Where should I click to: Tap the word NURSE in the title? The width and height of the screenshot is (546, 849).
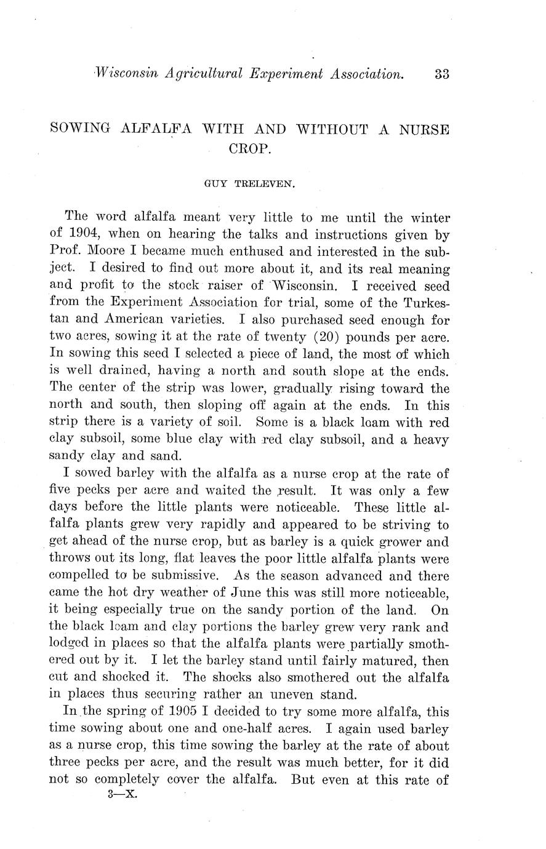[x=424, y=130]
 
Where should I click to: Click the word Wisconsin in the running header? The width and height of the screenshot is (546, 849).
[x=119, y=74]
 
